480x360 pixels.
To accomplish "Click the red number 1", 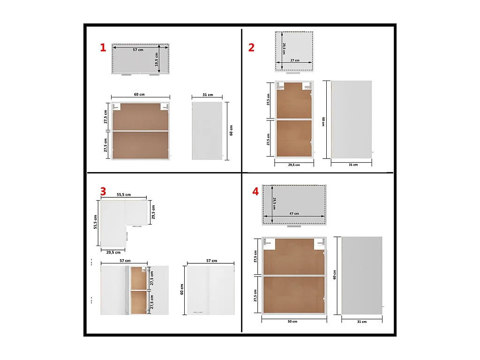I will tap(103, 47).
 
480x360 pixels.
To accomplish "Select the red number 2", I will tap(252, 47).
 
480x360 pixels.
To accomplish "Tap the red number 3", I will tap(103, 191).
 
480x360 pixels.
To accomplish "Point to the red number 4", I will tap(255, 191).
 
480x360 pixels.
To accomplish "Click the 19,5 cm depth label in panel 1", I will tap(157, 59).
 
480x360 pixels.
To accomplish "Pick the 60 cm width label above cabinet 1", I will tap(139, 95).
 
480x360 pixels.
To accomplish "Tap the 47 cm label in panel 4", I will tap(294, 213).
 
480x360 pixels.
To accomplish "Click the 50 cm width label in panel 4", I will tap(292, 322).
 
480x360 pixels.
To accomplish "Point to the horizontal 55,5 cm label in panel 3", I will tap(124, 195).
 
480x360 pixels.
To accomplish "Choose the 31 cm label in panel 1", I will tap(207, 95).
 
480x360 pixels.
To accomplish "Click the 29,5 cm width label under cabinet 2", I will tap(294, 165).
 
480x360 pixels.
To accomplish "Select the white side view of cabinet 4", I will tap(362, 276).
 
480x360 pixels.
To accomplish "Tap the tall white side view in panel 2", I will tap(352, 120).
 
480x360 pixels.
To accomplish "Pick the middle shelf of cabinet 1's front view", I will tap(141, 131).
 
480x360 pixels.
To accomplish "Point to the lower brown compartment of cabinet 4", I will tap(294, 295).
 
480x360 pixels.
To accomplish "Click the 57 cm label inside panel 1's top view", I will tap(138, 50).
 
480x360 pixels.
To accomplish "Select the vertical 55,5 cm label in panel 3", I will tap(95, 222).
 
